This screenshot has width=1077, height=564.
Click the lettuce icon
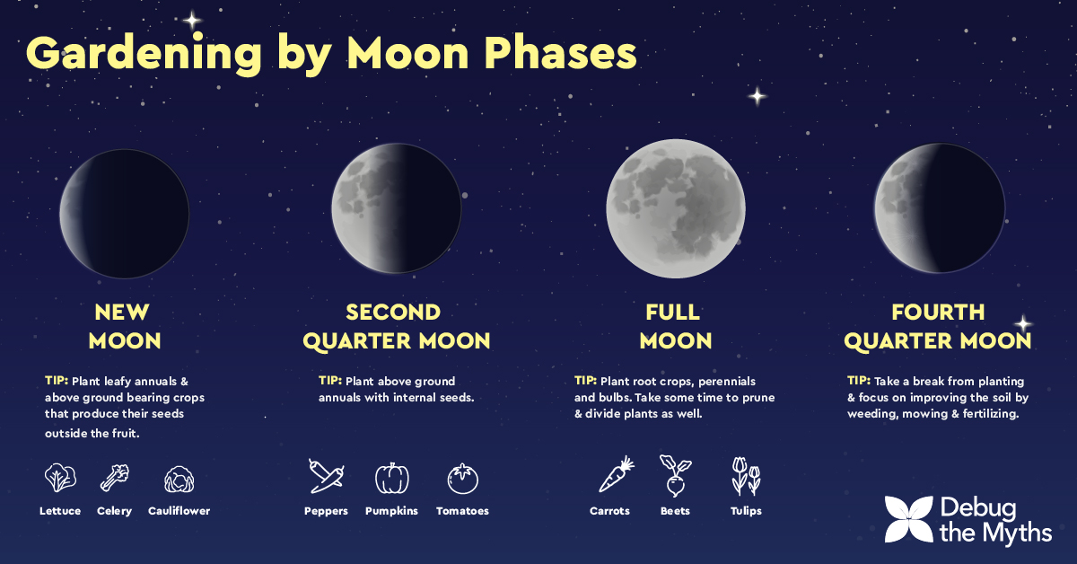pos(60,478)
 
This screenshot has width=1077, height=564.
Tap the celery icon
pos(115,478)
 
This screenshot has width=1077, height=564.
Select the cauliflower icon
pos(179,480)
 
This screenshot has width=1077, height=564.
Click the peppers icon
pos(326,476)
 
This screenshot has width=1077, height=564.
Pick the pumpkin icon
pos(392,478)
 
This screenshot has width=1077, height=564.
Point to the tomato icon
pos(462,479)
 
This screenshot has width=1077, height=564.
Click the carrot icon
pos(616,474)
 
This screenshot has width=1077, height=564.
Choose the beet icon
pos(675,475)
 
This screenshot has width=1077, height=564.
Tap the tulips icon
pos(746,476)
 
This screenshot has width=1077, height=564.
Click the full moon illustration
pos(676,208)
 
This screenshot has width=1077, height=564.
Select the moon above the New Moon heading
pos(125,214)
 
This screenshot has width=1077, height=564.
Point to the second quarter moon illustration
pos(396,207)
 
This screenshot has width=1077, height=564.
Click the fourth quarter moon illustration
pos(940,207)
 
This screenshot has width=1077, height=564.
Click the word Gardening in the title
pos(144,54)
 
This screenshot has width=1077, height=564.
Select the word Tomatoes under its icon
pos(462,511)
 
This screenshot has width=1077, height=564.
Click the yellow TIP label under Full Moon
pos(585,381)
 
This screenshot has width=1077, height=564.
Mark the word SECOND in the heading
pos(393,312)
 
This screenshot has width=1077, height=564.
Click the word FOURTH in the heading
pos(938,312)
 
